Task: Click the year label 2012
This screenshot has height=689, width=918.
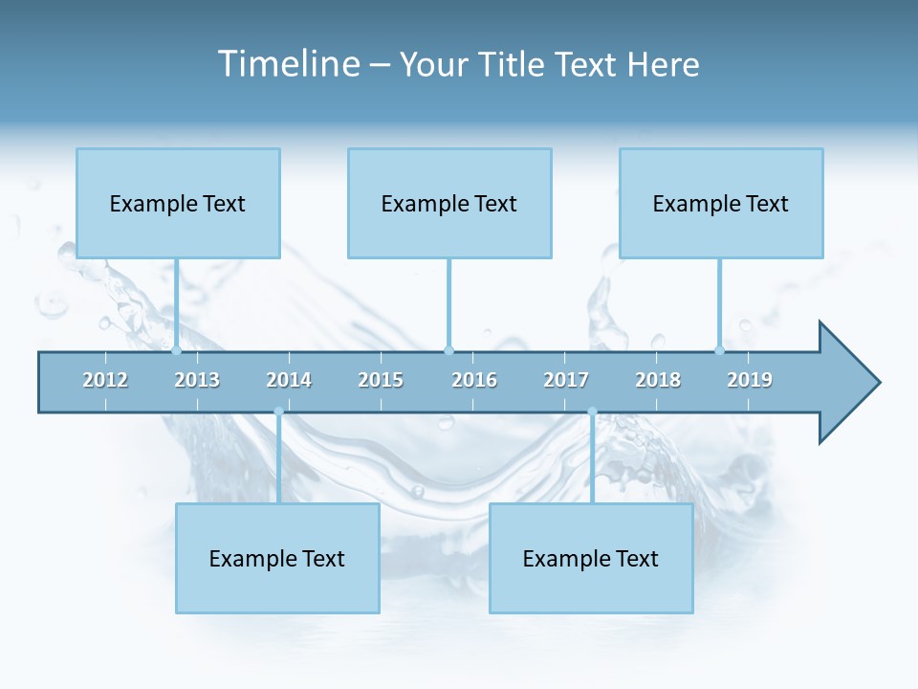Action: [105, 380]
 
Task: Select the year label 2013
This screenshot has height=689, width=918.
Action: [197, 380]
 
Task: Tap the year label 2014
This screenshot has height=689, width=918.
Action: [289, 380]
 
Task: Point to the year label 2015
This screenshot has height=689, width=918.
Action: [381, 380]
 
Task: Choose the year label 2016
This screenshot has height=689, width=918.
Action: [474, 380]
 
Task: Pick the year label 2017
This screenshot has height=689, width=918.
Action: [566, 380]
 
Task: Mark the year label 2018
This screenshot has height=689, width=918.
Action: [658, 380]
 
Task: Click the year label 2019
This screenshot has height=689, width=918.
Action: [750, 380]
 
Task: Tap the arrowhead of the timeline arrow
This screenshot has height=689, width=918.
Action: [847, 383]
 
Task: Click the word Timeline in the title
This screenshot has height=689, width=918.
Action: [288, 64]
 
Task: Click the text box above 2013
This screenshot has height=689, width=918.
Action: [178, 203]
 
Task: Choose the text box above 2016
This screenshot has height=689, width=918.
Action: [449, 203]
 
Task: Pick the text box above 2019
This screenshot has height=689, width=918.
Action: [721, 203]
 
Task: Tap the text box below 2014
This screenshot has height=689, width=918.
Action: [277, 558]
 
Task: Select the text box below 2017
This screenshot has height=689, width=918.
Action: [591, 558]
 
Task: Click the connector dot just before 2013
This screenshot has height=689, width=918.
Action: [176, 350]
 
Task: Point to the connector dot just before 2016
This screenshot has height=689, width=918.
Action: [448, 350]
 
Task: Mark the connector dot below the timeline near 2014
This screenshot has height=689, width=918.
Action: [278, 412]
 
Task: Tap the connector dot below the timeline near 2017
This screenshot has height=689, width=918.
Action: [592, 412]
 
